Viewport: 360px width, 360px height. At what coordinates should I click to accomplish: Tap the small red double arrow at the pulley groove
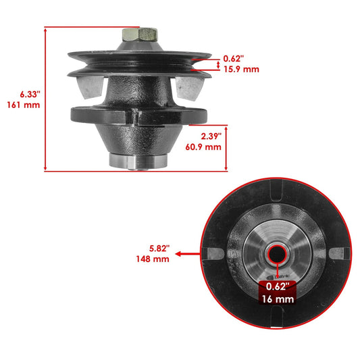pyautogui.click(x=215, y=64)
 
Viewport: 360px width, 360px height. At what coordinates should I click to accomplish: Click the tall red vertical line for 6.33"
pyautogui.click(x=45, y=99)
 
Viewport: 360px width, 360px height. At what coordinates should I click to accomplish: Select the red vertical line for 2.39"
pyautogui.click(x=225, y=148)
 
